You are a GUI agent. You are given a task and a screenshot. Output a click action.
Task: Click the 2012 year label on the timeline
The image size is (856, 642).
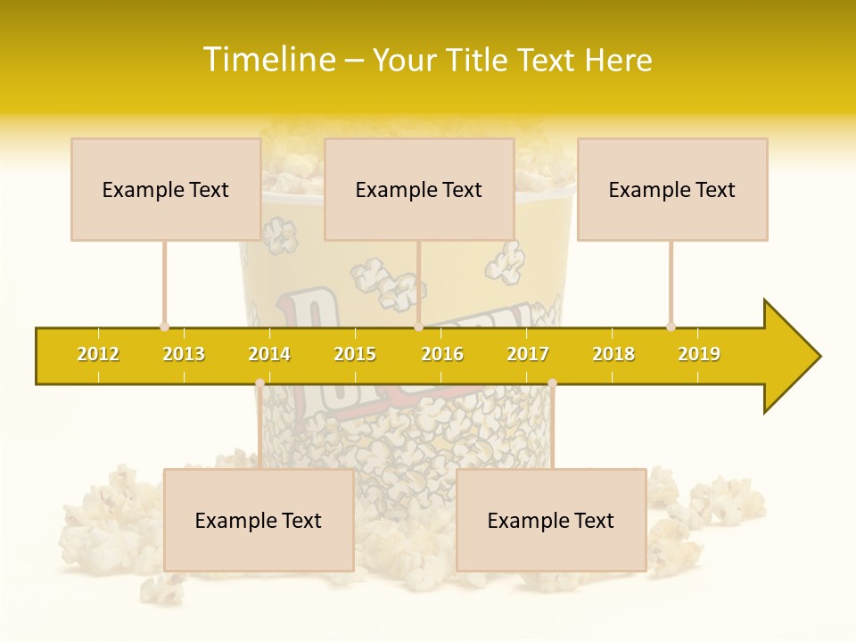(98, 354)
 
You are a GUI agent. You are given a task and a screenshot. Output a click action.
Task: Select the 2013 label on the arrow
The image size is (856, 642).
(184, 354)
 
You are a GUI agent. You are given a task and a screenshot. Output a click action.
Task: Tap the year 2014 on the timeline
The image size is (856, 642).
(269, 354)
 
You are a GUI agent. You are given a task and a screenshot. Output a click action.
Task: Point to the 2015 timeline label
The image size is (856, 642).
(355, 354)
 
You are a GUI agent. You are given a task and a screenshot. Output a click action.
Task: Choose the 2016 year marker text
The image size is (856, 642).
(442, 354)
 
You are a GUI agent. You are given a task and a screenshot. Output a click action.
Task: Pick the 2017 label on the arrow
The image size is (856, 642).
(528, 354)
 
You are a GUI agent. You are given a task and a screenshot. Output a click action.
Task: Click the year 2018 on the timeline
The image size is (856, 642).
(613, 354)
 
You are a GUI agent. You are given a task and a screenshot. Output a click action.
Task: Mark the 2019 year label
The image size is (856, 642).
(699, 354)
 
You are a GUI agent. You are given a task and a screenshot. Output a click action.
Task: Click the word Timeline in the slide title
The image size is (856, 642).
(268, 60)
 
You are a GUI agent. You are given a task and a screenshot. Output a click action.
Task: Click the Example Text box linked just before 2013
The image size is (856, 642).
(166, 189)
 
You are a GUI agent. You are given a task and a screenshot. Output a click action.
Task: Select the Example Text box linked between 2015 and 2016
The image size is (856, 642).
(419, 189)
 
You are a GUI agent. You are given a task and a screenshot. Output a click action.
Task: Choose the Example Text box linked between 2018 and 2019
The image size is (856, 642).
(672, 189)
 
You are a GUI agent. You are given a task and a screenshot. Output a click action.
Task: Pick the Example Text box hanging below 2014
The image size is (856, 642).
(259, 520)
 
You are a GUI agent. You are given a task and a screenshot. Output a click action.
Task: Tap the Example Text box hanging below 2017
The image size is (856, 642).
(551, 520)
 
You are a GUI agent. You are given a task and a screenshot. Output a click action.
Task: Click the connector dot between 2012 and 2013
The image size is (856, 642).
(164, 326)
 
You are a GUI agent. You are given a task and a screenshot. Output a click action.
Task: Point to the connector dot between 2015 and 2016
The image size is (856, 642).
(419, 326)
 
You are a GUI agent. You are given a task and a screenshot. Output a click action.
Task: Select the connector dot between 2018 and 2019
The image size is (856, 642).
(671, 326)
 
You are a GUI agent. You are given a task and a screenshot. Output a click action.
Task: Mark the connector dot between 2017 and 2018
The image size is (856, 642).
(552, 383)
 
